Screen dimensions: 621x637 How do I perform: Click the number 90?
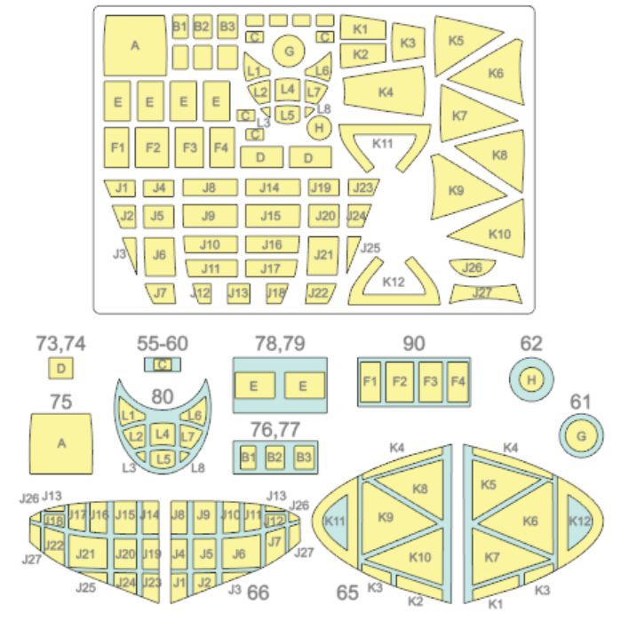[x=414, y=344]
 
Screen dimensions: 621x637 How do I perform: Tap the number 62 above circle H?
[x=531, y=344]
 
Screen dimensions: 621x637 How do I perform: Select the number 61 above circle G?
[x=580, y=402]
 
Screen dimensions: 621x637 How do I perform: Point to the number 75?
[x=61, y=402]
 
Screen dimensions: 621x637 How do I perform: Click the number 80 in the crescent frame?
[x=162, y=396]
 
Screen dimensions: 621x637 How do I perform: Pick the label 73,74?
[x=61, y=344]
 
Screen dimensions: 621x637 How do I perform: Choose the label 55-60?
[x=162, y=344]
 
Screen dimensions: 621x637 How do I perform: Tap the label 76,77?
[x=275, y=429]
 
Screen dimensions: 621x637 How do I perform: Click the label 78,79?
[x=280, y=344]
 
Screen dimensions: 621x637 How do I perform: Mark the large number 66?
[x=258, y=593]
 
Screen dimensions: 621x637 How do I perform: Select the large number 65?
[x=347, y=593]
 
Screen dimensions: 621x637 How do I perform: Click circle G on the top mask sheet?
[x=289, y=52]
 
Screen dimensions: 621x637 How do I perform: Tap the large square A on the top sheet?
[x=135, y=45]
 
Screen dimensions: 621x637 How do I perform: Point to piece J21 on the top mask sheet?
[x=322, y=255]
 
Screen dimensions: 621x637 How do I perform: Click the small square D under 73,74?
[x=61, y=369]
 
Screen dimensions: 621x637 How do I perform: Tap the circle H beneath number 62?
[x=531, y=380]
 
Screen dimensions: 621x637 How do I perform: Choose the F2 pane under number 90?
[x=400, y=382]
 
